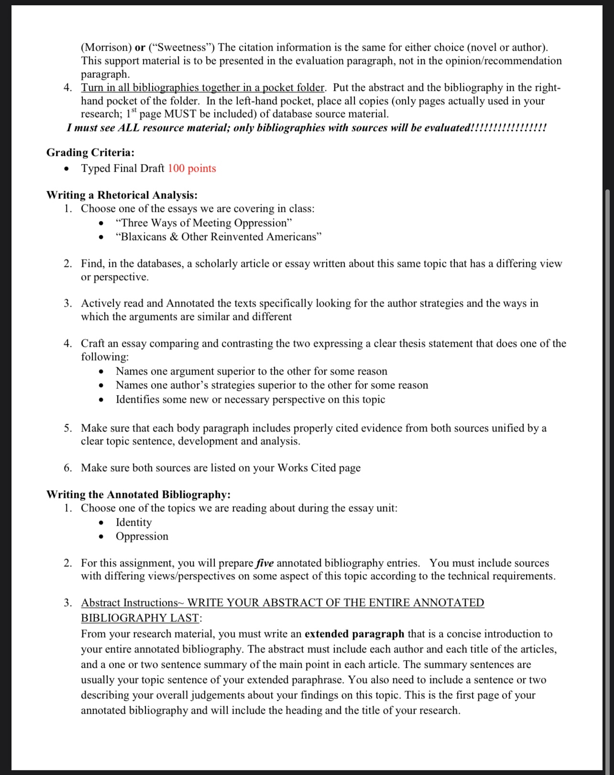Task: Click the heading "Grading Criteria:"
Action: pyautogui.click(x=90, y=153)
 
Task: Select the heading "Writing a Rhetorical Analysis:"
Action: pyautogui.click(x=121, y=195)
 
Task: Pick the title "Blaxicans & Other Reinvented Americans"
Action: pyautogui.click(x=219, y=237)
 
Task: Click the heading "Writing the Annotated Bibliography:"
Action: pyautogui.click(x=138, y=494)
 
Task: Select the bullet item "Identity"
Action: pyautogui.click(x=133, y=522)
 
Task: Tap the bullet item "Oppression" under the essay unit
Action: pyautogui.click(x=142, y=536)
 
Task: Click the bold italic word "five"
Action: pyautogui.click(x=265, y=563)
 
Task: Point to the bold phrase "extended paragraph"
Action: pyautogui.click(x=354, y=634)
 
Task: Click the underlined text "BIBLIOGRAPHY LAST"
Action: pyautogui.click(x=140, y=618)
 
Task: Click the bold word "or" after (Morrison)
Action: pyautogui.click(x=140, y=47)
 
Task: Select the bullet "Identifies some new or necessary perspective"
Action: pyautogui.click(x=250, y=399)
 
